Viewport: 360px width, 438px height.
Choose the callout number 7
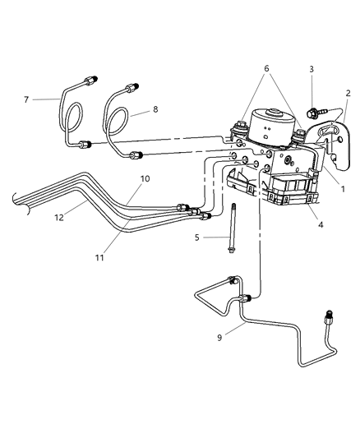tap(26, 99)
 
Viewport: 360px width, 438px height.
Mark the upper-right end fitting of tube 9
tap(333, 316)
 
